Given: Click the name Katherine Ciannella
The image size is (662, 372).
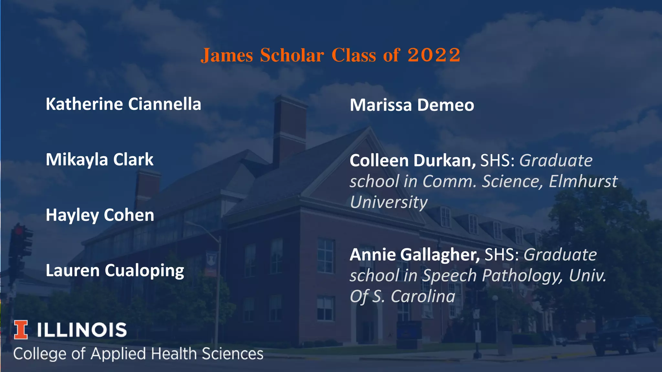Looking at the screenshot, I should [x=123, y=104].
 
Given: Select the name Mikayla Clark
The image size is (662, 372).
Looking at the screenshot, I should [x=100, y=160].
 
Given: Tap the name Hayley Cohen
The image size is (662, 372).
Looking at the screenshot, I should [x=100, y=215].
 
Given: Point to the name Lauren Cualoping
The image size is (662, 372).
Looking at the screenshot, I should [x=115, y=271].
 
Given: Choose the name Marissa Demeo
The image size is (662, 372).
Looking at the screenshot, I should [x=412, y=105].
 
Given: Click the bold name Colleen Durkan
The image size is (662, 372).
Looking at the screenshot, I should [x=412, y=160].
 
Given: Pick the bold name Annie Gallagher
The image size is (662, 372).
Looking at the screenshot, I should [x=415, y=255].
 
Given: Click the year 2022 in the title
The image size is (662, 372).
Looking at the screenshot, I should [x=434, y=55].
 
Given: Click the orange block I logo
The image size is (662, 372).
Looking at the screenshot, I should [x=21, y=330].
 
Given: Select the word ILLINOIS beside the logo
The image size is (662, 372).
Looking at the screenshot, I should [x=81, y=330].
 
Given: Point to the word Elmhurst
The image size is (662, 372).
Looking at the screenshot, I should [x=583, y=181].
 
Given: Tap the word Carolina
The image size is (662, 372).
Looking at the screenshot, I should [x=423, y=296].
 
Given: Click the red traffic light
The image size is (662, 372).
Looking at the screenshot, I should [x=18, y=231].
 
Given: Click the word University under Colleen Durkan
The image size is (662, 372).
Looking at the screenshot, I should [x=389, y=202].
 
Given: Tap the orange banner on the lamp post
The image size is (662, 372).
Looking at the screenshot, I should [x=211, y=264].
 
